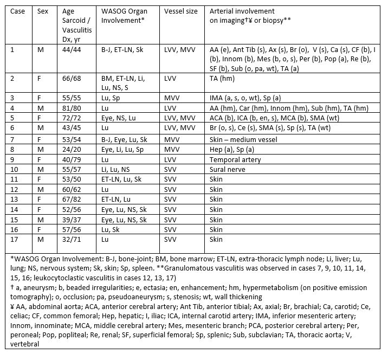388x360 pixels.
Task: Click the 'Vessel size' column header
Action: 182,11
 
